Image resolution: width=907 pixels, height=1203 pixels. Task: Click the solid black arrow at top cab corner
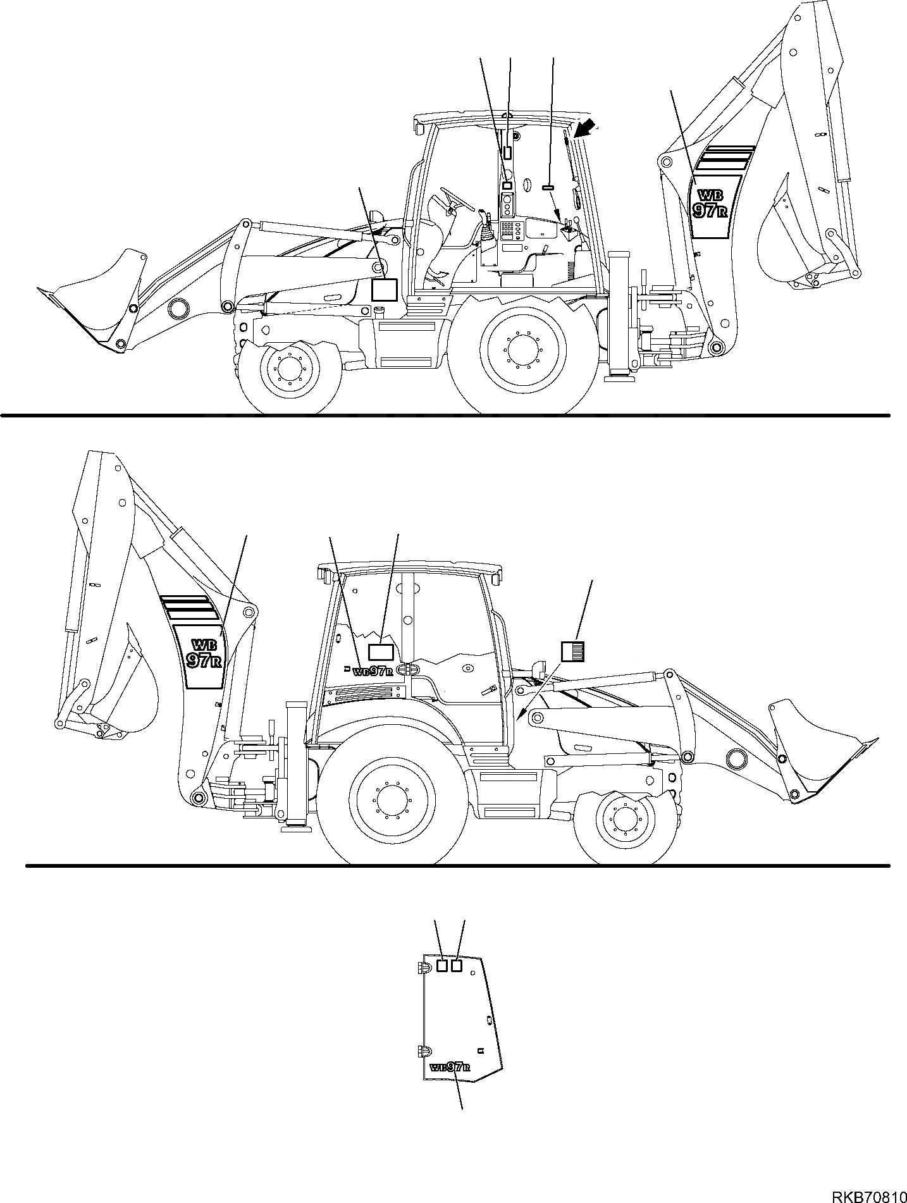coord(585,130)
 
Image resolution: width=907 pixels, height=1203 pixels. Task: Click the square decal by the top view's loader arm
coord(383,289)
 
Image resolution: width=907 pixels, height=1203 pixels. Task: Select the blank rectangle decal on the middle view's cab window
coord(381,652)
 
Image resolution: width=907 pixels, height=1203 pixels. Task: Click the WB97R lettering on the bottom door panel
coord(450,1067)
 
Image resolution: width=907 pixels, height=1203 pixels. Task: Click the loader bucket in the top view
coord(95,297)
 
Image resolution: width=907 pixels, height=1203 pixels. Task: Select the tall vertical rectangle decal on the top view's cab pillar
coord(507,152)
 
